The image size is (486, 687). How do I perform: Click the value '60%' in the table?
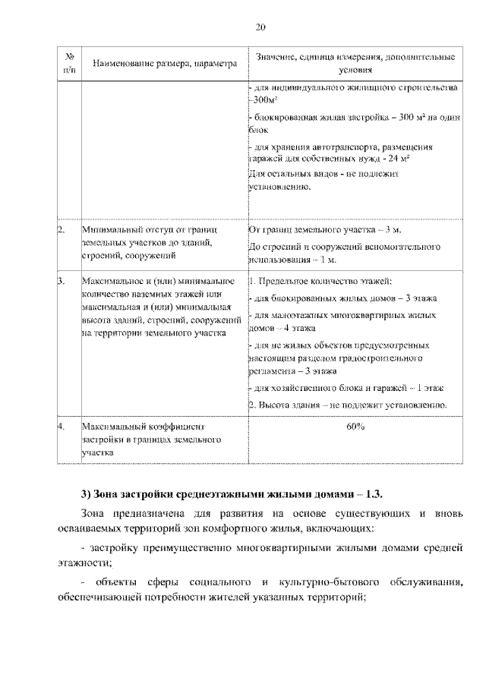click(355, 427)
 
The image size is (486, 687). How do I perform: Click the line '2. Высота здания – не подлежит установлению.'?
click(347, 405)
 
